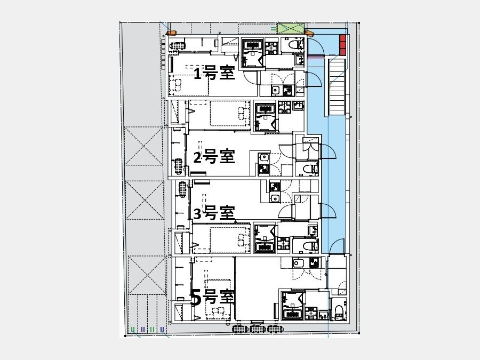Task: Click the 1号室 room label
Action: tap(214, 73)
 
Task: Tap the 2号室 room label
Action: tap(214, 156)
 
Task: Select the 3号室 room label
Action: tap(214, 213)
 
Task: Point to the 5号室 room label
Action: tap(213, 297)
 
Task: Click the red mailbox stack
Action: tap(343, 45)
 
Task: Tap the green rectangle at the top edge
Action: tap(291, 28)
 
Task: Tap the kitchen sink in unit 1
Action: tap(276, 90)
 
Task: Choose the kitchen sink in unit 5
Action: tap(297, 263)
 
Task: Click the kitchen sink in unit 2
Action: tap(263, 158)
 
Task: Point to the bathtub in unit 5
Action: tap(293, 314)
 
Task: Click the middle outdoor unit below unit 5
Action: tap(258, 329)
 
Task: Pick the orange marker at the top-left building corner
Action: tap(171, 33)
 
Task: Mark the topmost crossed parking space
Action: tap(143, 146)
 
